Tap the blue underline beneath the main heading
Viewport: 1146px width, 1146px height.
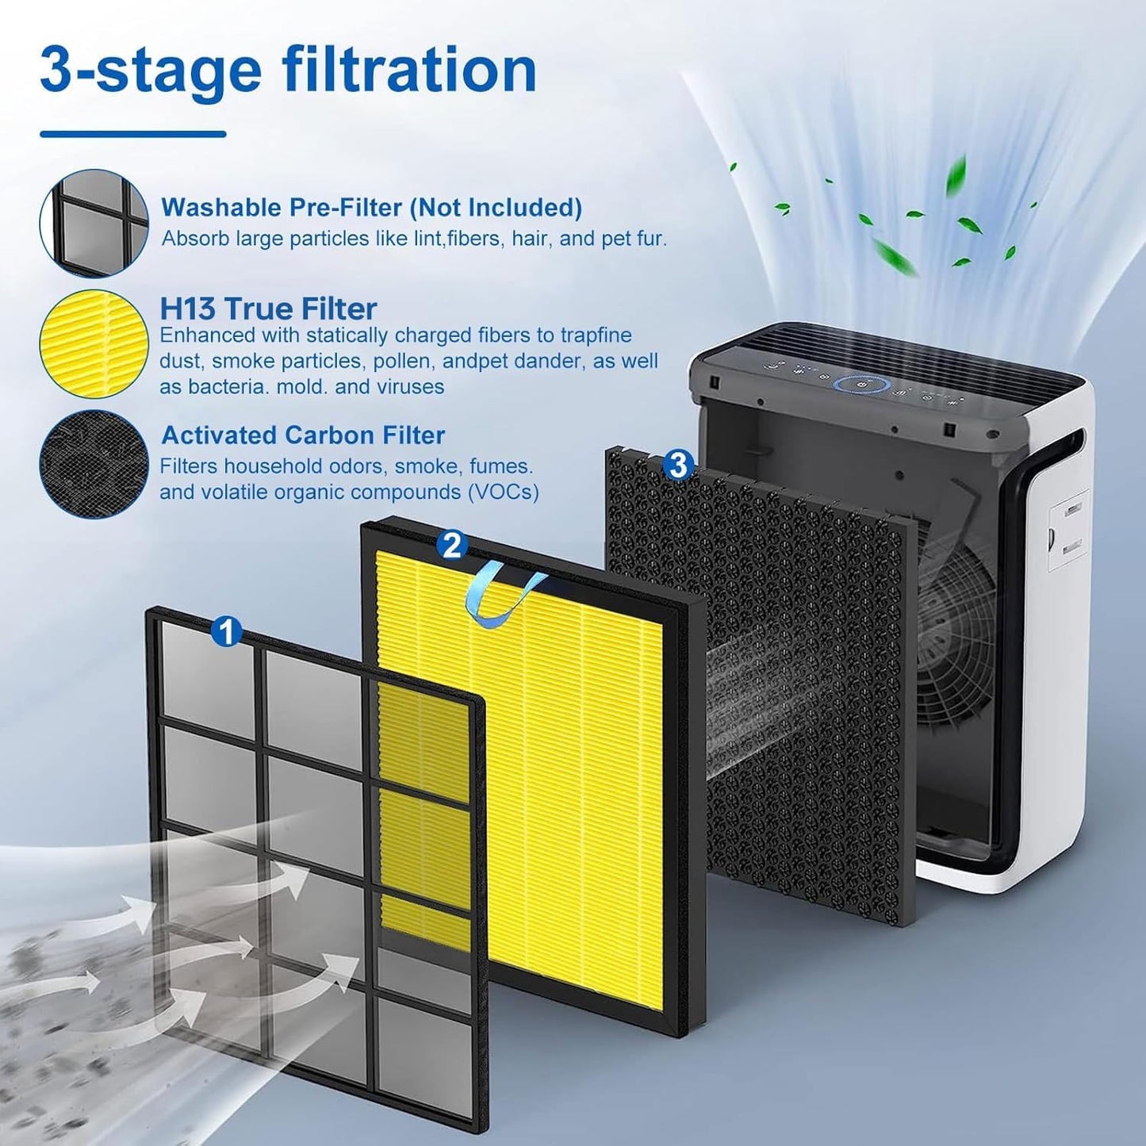[x=132, y=134]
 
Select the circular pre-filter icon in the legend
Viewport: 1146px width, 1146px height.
[x=94, y=223]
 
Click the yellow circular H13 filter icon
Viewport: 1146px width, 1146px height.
[x=94, y=343]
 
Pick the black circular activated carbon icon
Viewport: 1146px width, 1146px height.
[x=94, y=464]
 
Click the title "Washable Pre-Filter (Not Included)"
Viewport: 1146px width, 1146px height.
[x=371, y=208]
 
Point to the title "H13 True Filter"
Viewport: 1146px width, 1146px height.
[x=268, y=308]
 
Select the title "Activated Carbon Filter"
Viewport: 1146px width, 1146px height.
[x=302, y=435]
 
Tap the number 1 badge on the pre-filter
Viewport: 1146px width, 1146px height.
[x=227, y=632]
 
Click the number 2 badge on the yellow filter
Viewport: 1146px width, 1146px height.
[x=452, y=545]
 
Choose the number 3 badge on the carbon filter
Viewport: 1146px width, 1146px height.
[x=677, y=465]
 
